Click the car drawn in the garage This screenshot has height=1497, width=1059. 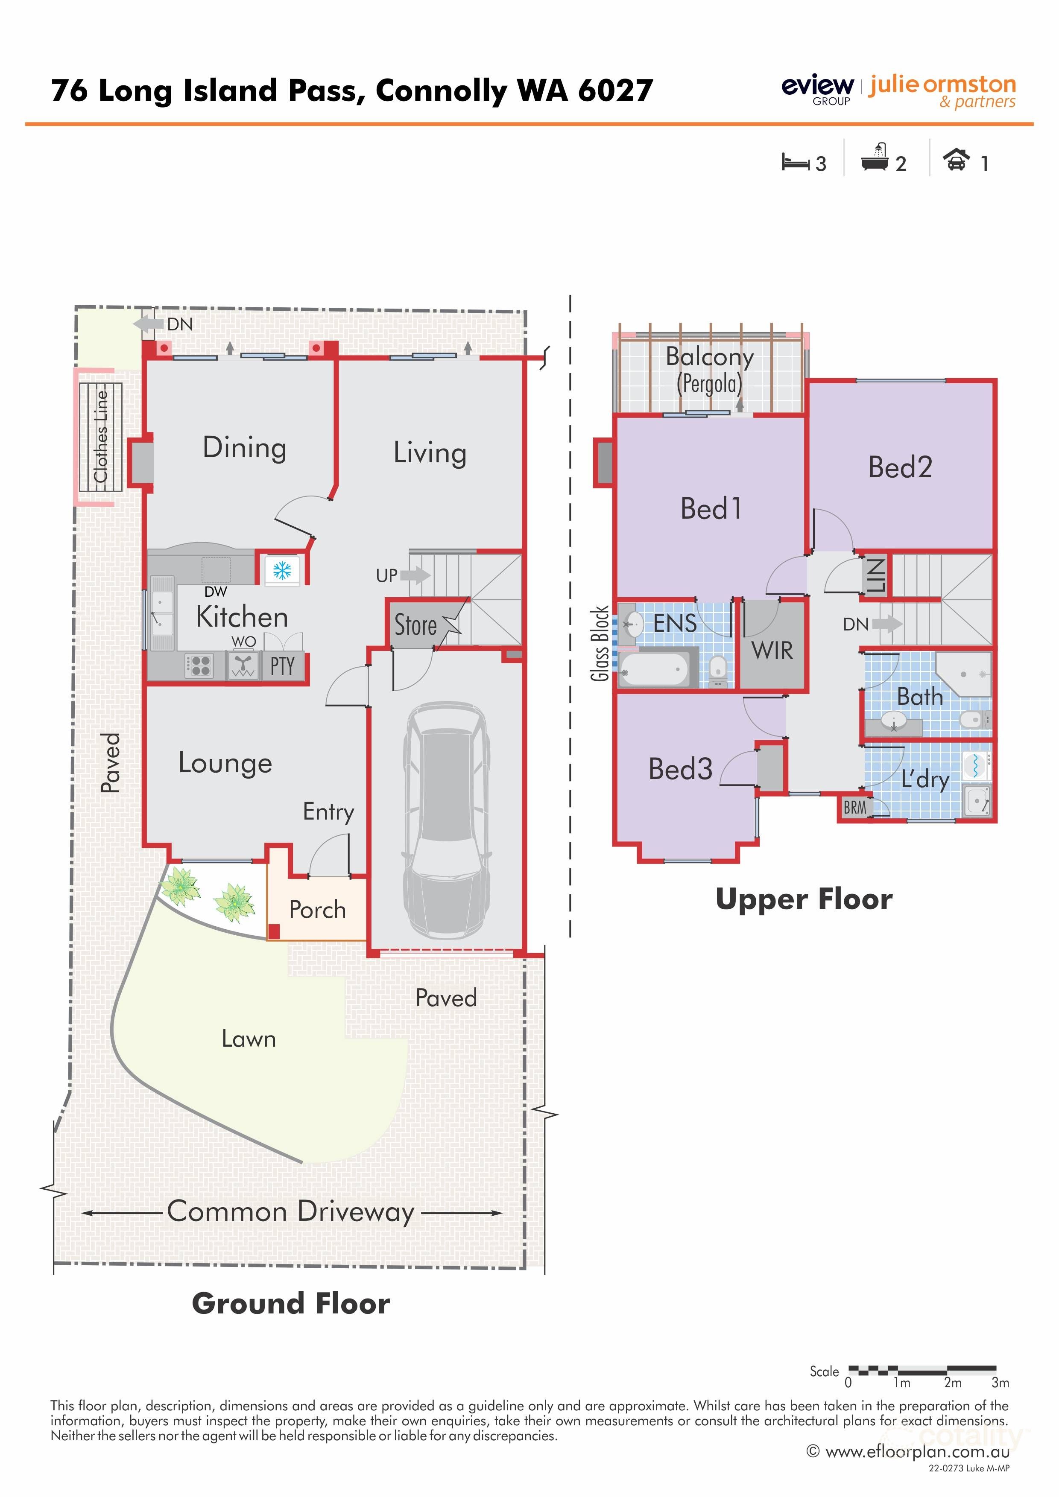point(446,820)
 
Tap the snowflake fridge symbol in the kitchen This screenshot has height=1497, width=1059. point(282,571)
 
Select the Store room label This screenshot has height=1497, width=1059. point(415,625)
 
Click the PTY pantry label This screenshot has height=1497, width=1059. point(282,666)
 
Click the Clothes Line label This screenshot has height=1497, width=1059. point(100,436)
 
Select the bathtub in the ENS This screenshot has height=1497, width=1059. point(654,669)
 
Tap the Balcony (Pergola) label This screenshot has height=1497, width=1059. point(709,370)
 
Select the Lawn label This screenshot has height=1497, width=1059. point(249,1039)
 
